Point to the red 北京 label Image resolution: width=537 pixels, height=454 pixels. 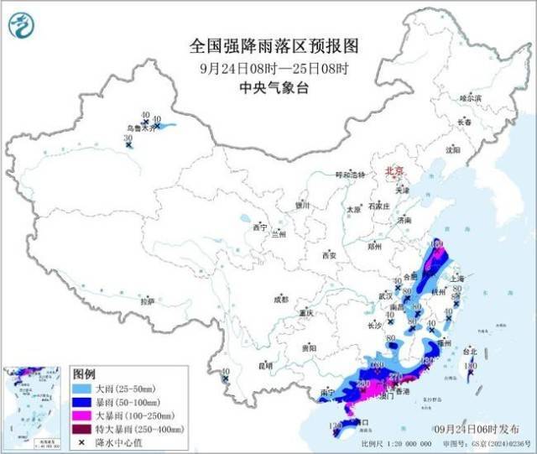coord(394,170)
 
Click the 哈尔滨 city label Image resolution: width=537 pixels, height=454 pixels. coord(471,98)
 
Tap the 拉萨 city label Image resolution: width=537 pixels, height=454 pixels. coord(148,300)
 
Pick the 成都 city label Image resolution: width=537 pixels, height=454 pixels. coord(279,299)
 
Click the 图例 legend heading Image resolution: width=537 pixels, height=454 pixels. coord(85,373)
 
